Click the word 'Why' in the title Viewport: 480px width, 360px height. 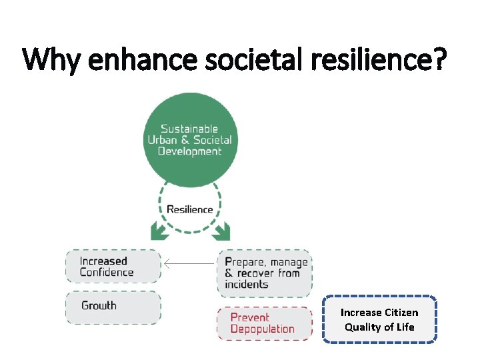pos(51,59)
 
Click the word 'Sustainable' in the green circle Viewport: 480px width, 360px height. pos(190,129)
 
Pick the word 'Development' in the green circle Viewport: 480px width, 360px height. pos(190,151)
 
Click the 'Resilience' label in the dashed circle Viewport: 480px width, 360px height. pos(190,209)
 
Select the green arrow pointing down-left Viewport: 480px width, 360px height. pos(160,231)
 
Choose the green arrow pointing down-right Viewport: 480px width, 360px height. pos(221,231)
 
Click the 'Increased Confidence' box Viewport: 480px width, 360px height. pos(113,267)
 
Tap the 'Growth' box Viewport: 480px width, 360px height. pos(113,307)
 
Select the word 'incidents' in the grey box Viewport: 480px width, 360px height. pos(247,285)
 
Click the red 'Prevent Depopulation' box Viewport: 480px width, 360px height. pos(264,323)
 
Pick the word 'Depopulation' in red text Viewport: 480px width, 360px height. pos(262,329)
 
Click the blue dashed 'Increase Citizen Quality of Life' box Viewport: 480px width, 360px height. pos(379,320)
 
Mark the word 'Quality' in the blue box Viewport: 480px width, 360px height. pos(363,327)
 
